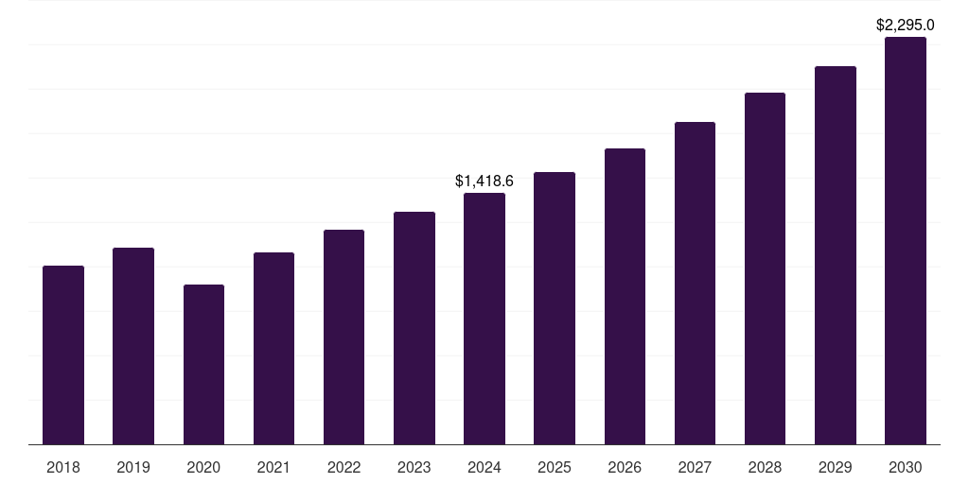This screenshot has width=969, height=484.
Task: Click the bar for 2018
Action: point(63,354)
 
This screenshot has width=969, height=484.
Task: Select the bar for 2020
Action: point(203,364)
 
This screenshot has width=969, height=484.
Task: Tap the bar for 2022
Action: point(344,337)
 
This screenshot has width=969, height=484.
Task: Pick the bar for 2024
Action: point(484,319)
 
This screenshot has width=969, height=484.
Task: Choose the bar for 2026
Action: point(625,296)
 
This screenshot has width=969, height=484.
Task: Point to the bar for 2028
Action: point(765,268)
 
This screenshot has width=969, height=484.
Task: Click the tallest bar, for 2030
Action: point(906,241)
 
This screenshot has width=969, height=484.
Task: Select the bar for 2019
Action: point(133,346)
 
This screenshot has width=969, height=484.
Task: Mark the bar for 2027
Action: point(695,283)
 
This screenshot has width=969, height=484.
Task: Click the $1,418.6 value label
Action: point(484,181)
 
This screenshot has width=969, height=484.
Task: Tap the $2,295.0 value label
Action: point(906,25)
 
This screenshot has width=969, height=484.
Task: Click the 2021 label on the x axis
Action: point(273,467)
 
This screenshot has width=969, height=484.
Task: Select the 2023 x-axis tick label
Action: point(414,467)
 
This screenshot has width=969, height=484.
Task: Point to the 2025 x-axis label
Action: point(555,467)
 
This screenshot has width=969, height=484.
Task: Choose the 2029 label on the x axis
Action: point(835,467)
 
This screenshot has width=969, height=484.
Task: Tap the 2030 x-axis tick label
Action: point(906,467)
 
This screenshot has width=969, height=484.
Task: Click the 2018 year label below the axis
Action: point(63,467)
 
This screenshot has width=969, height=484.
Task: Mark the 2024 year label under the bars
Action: point(484,467)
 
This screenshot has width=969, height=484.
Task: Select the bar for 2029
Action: point(835,255)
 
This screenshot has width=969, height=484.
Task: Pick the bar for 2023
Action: point(414,328)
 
